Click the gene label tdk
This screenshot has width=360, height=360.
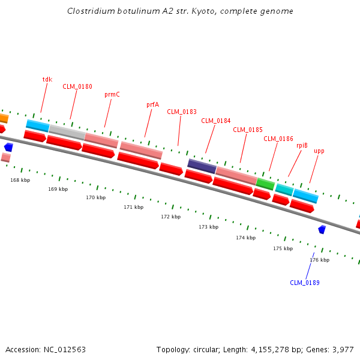pos(47,79)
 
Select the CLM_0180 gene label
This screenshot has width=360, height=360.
pos(77,86)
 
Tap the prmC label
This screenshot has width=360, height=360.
pos(112,94)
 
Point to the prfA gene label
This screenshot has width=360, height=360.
pos(153,104)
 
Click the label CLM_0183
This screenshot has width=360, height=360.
pos(182,112)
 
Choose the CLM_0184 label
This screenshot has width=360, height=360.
pos(216,121)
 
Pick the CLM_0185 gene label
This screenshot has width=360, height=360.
pos(248,130)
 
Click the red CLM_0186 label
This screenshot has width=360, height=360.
pos(278,139)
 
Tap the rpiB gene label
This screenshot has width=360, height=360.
pos(302,145)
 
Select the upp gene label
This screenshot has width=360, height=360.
pos(319,151)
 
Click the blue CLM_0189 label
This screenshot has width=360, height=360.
pos(305,283)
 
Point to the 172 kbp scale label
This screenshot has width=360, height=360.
pos(170,217)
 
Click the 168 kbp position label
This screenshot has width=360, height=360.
pos(20,180)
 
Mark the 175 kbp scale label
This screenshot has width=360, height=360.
pos(283,248)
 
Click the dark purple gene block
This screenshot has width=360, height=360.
pos(202,166)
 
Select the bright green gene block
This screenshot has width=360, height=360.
pos(265,184)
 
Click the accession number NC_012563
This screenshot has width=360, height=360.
pos(64,349)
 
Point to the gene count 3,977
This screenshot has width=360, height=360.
pos(342,349)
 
